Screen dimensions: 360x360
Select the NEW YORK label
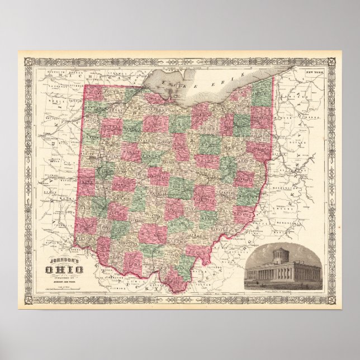(x=314, y=72)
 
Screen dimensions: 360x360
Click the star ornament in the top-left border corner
(x=25, y=58)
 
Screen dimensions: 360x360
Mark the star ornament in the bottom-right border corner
(x=335, y=302)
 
